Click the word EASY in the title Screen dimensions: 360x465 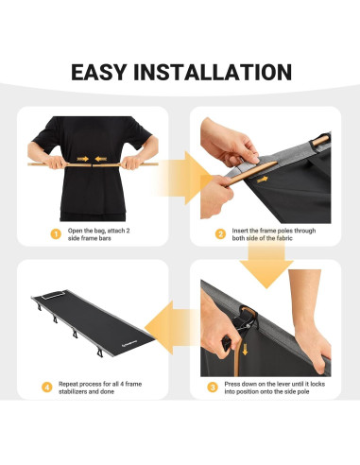[99, 72]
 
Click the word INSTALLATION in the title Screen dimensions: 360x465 [213, 72]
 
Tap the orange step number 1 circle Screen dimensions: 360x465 [56, 234]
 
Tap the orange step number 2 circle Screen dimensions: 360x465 [220, 234]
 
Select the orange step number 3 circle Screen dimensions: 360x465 [213, 387]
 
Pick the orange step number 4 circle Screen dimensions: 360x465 [47, 387]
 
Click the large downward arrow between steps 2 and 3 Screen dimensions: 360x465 [266, 266]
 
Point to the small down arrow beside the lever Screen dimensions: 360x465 [245, 349]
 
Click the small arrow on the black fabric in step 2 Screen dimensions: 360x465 [262, 180]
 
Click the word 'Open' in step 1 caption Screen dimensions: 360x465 [76, 231]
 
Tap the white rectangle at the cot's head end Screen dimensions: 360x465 [54, 295]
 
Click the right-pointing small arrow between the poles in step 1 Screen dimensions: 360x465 [82, 159]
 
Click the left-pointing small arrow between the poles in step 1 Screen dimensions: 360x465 [101, 159]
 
